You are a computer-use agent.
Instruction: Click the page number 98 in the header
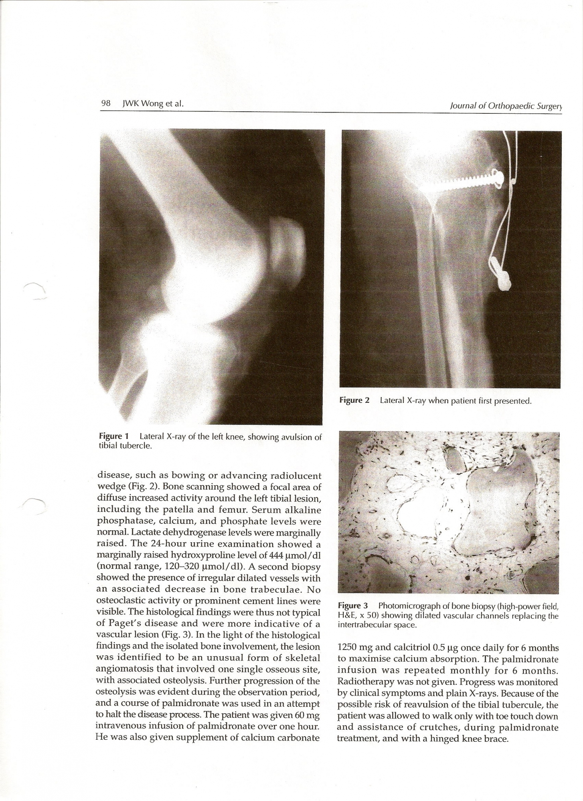pyautogui.click(x=106, y=103)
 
